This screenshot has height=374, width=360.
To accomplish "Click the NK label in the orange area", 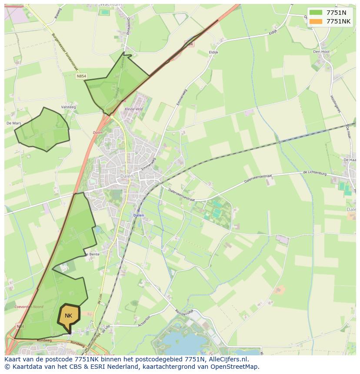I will pyautogui.click(x=68, y=316).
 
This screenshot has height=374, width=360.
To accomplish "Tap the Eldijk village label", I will pyautogui.click(x=213, y=52).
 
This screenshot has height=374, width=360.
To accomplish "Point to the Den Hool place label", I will pyautogui.click(x=321, y=52).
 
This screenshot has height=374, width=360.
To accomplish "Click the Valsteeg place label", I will pyautogui.click(x=69, y=107).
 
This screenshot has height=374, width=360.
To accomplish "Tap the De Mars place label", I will pyautogui.click(x=14, y=123).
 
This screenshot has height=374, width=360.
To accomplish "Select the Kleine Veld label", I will pyautogui.click(x=133, y=109).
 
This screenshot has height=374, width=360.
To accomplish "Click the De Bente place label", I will pyautogui.click(x=92, y=254).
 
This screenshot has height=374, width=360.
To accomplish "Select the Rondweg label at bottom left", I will pyautogui.click(x=44, y=341).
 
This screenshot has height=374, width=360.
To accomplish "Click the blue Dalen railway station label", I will pyautogui.click(x=138, y=215).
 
